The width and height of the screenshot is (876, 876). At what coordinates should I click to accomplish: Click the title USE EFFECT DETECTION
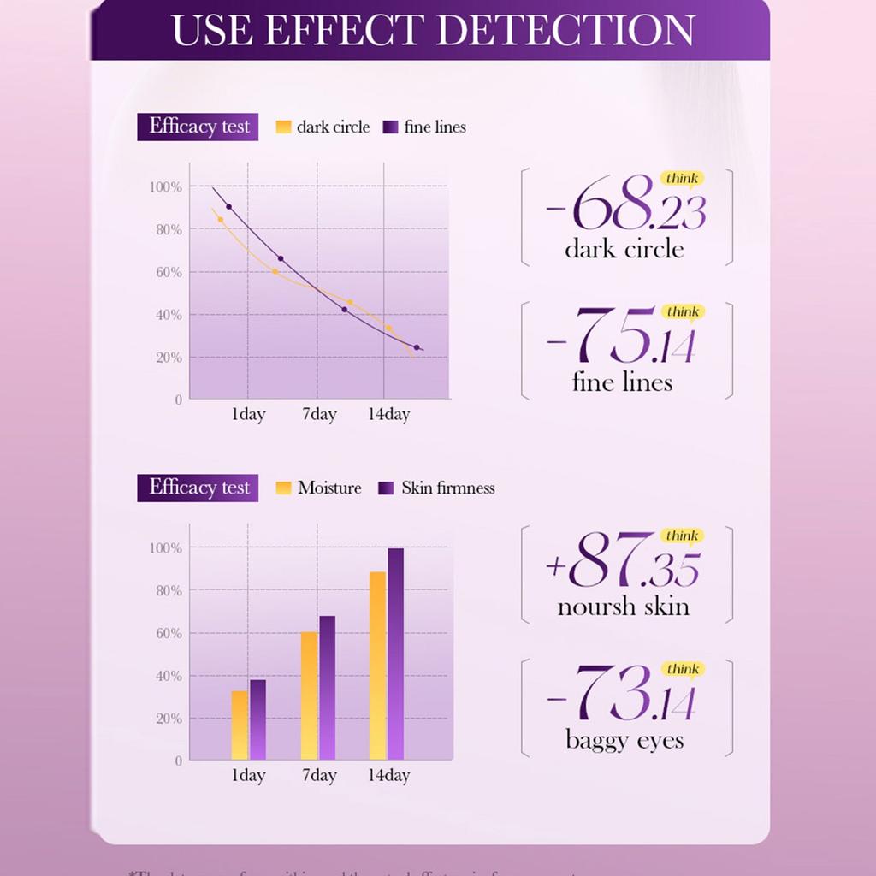[x=433, y=30]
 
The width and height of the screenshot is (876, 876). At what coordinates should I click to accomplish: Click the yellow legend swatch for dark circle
[x=284, y=127]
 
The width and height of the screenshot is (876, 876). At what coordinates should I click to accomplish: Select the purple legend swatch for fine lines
[x=391, y=127]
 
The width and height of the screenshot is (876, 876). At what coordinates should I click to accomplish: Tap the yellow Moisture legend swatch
[x=284, y=488]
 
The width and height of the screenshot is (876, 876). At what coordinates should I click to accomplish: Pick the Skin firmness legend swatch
[x=386, y=488]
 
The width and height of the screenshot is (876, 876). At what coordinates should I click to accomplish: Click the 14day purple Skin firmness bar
[x=395, y=654]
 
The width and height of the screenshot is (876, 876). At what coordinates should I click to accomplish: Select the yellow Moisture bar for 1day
[x=240, y=725]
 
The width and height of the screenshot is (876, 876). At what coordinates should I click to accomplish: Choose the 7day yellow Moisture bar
[x=309, y=695]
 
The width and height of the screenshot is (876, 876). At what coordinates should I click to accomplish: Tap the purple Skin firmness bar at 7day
[x=327, y=687]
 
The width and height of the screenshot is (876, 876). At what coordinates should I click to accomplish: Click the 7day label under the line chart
[x=319, y=415]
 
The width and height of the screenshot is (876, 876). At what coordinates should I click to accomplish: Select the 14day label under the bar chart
[x=388, y=776]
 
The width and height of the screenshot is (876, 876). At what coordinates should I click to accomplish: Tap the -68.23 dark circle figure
[x=626, y=207]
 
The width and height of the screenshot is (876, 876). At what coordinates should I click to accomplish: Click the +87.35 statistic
[x=623, y=561]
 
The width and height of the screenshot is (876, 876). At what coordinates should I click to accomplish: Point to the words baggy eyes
[x=624, y=739]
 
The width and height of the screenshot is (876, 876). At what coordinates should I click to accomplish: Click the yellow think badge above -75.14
[x=682, y=311]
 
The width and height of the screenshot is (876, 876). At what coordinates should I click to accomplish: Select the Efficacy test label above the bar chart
[x=198, y=488]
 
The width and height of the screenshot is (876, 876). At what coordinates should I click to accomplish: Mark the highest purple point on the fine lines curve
[x=228, y=207]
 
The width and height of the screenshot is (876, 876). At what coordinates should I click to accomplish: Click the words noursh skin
[x=623, y=607]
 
